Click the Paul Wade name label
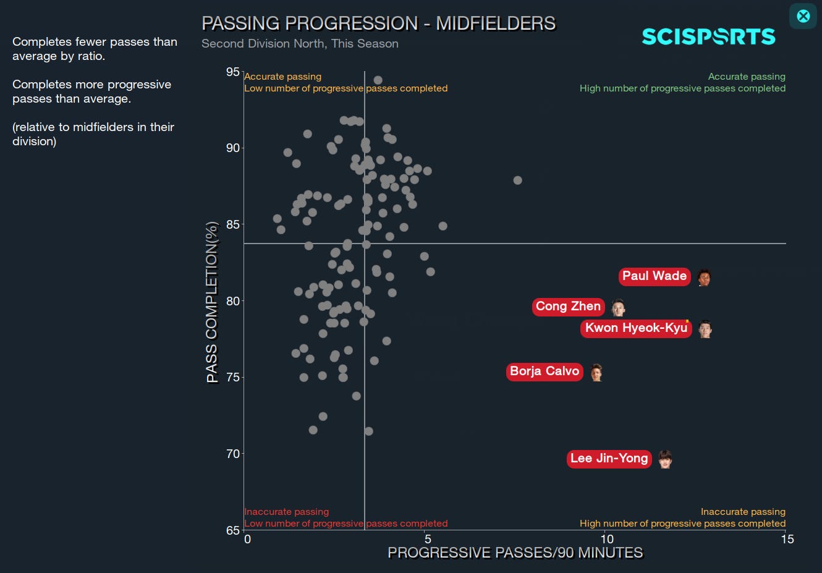point(654,276)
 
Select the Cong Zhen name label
point(568,307)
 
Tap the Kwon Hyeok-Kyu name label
point(636,328)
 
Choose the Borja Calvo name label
point(544,371)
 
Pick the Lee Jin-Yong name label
point(609,459)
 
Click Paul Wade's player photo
point(704,278)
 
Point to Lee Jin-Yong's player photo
point(665,459)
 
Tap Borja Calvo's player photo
point(596,372)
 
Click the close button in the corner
point(803,16)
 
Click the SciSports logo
point(708,37)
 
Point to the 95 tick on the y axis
point(232,72)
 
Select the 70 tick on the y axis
point(232,454)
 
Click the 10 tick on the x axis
point(607,539)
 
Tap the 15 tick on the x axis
point(787,539)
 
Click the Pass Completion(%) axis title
point(212,302)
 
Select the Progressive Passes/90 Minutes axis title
point(515,553)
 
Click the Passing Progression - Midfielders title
point(378,23)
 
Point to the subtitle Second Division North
point(300,44)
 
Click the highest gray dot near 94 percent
point(378,80)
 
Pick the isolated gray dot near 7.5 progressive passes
point(517,180)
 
